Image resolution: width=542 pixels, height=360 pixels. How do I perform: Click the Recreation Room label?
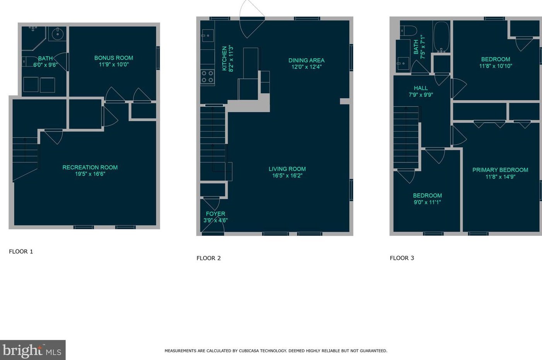90,167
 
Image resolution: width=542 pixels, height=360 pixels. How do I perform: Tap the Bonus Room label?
114,58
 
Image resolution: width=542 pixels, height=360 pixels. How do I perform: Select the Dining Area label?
306,60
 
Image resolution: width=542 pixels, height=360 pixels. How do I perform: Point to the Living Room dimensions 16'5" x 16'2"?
287,176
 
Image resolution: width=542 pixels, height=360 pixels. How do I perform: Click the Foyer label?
215,214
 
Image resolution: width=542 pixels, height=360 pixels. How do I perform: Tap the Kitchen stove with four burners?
207,77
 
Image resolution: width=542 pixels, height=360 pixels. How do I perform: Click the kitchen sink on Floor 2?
208,36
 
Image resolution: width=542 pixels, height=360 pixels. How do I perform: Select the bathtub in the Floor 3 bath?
441,37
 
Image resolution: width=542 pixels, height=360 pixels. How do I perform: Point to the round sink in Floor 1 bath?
58,34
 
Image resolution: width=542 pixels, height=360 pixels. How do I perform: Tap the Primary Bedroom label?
500,170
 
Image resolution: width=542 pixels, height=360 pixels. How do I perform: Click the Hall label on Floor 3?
421,88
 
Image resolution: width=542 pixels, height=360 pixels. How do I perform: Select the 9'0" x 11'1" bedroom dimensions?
427,202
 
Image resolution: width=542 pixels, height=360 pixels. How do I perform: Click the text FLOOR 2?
209,258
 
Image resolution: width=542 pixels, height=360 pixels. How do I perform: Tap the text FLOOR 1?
21,252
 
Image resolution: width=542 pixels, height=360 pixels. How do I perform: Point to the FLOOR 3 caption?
402,258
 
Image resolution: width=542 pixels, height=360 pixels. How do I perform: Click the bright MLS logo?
32,350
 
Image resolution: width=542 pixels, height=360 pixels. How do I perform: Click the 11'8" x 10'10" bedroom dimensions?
496,66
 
